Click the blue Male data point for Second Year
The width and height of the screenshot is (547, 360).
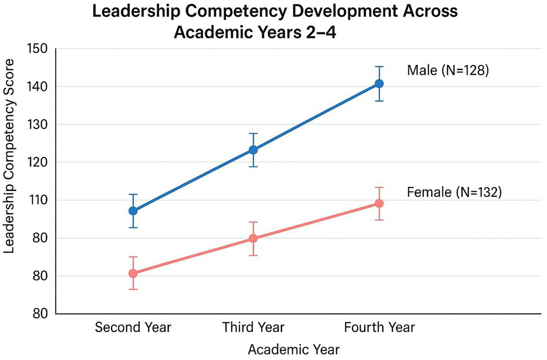coord(133,211)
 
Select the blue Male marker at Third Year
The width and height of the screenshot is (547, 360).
coord(253,150)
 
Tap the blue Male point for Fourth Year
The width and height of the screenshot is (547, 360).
coord(379,84)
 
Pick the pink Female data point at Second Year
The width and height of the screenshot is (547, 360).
coord(133,273)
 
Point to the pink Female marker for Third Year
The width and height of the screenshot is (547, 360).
coord(253,238)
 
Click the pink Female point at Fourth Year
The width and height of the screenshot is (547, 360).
coord(379,203)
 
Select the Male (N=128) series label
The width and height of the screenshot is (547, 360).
coord(448,70)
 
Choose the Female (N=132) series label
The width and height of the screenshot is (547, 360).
coord(454,192)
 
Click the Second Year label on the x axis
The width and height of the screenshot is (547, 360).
coord(133,327)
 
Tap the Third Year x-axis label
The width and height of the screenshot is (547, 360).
coord(253,327)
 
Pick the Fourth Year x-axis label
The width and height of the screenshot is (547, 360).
coord(379,327)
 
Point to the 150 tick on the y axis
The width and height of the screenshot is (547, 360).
coord(37,49)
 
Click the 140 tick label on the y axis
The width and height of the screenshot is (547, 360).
coord(37,87)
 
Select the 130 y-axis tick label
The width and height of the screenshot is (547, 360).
coord(37,125)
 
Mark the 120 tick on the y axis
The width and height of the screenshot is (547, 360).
coord(37,162)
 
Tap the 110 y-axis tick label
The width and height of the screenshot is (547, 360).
coord(37,200)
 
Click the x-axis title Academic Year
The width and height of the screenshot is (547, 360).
coord(294,350)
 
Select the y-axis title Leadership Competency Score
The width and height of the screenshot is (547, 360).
coord(9,156)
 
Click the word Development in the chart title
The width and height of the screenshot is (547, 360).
coord(344,12)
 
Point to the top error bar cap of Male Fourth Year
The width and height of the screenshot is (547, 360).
coord(379,67)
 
